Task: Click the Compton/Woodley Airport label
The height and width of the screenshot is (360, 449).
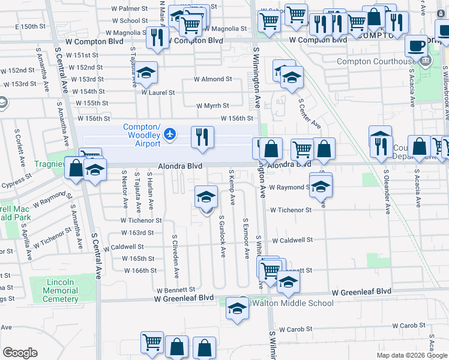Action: click(142, 135)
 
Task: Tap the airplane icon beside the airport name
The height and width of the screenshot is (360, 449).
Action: click(170, 134)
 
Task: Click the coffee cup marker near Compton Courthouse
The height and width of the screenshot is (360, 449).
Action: click(417, 46)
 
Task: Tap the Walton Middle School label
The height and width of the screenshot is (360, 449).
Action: click(292, 303)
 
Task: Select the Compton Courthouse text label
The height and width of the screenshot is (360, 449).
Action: click(376, 61)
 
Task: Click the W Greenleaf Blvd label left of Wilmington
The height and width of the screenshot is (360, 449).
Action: click(184, 298)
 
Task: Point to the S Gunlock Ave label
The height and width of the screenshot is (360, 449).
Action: click(222, 237)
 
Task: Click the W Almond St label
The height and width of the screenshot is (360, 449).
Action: click(212, 79)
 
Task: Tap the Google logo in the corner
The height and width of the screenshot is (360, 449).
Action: click(20, 353)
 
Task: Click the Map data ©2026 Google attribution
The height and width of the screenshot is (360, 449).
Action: click(412, 355)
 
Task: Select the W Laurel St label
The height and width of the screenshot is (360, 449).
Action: click(158, 92)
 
